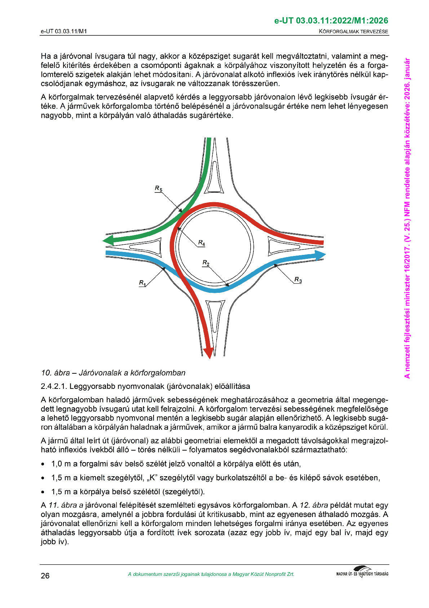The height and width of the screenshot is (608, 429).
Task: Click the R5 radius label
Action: [159, 188]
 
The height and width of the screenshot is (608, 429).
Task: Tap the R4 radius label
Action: [202, 243]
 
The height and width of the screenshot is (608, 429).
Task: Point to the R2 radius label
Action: [206, 263]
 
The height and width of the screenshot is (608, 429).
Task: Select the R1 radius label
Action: [142, 283]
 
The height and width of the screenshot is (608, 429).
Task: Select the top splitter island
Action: [215, 177]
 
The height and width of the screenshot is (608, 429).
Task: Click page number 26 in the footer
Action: [45, 576]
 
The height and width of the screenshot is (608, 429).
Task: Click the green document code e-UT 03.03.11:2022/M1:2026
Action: [331, 21]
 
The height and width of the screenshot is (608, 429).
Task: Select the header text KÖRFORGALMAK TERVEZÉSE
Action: [353, 31]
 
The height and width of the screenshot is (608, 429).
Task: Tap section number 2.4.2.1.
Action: [54, 386]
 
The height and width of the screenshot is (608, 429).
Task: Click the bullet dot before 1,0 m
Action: [43, 464]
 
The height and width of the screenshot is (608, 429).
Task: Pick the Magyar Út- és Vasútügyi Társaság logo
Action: [362, 573]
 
